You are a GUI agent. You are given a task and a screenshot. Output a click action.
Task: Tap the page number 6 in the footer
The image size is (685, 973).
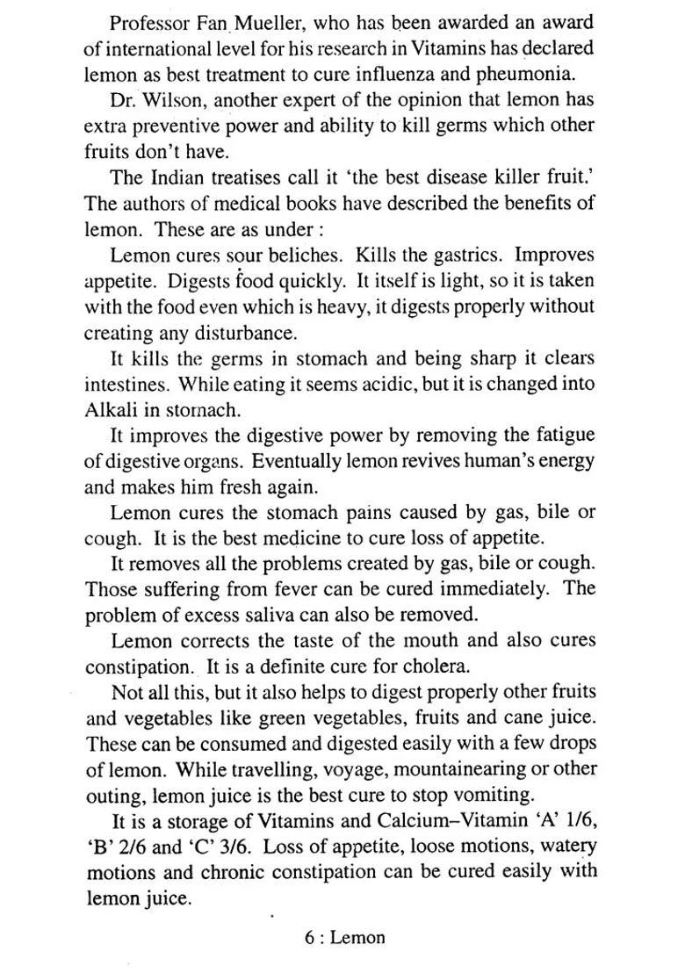pyautogui.click(x=310, y=938)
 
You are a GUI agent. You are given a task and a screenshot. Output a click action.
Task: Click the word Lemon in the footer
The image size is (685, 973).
pyautogui.click(x=357, y=938)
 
